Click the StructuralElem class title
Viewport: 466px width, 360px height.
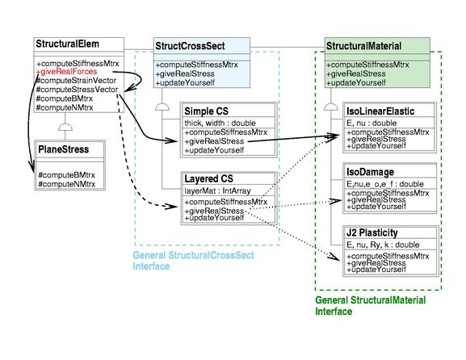[67, 44]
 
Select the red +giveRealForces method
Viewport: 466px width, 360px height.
[66, 72]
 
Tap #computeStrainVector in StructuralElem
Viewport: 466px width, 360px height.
[76, 81]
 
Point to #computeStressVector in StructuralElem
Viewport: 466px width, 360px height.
[77, 90]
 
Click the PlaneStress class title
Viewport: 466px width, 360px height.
[64, 149]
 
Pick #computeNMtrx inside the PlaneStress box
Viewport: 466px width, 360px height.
[67, 184]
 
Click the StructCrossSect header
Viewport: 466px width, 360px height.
[190, 46]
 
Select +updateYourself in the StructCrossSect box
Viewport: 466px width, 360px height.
[185, 83]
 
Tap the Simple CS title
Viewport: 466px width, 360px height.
[206, 111]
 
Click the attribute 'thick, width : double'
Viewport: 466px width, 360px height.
[220, 123]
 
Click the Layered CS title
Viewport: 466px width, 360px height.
[208, 179]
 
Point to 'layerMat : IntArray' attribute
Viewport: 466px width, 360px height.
[217, 190]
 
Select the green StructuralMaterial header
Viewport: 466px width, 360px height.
[363, 46]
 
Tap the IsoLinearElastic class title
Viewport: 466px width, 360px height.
[380, 111]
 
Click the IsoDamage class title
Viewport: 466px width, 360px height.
[371, 172]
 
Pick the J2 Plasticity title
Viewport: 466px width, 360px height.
[372, 232]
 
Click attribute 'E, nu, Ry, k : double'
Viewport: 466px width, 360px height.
[383, 245]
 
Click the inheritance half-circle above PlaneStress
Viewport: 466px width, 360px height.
[65, 127]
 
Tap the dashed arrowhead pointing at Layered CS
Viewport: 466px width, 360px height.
[172, 206]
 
